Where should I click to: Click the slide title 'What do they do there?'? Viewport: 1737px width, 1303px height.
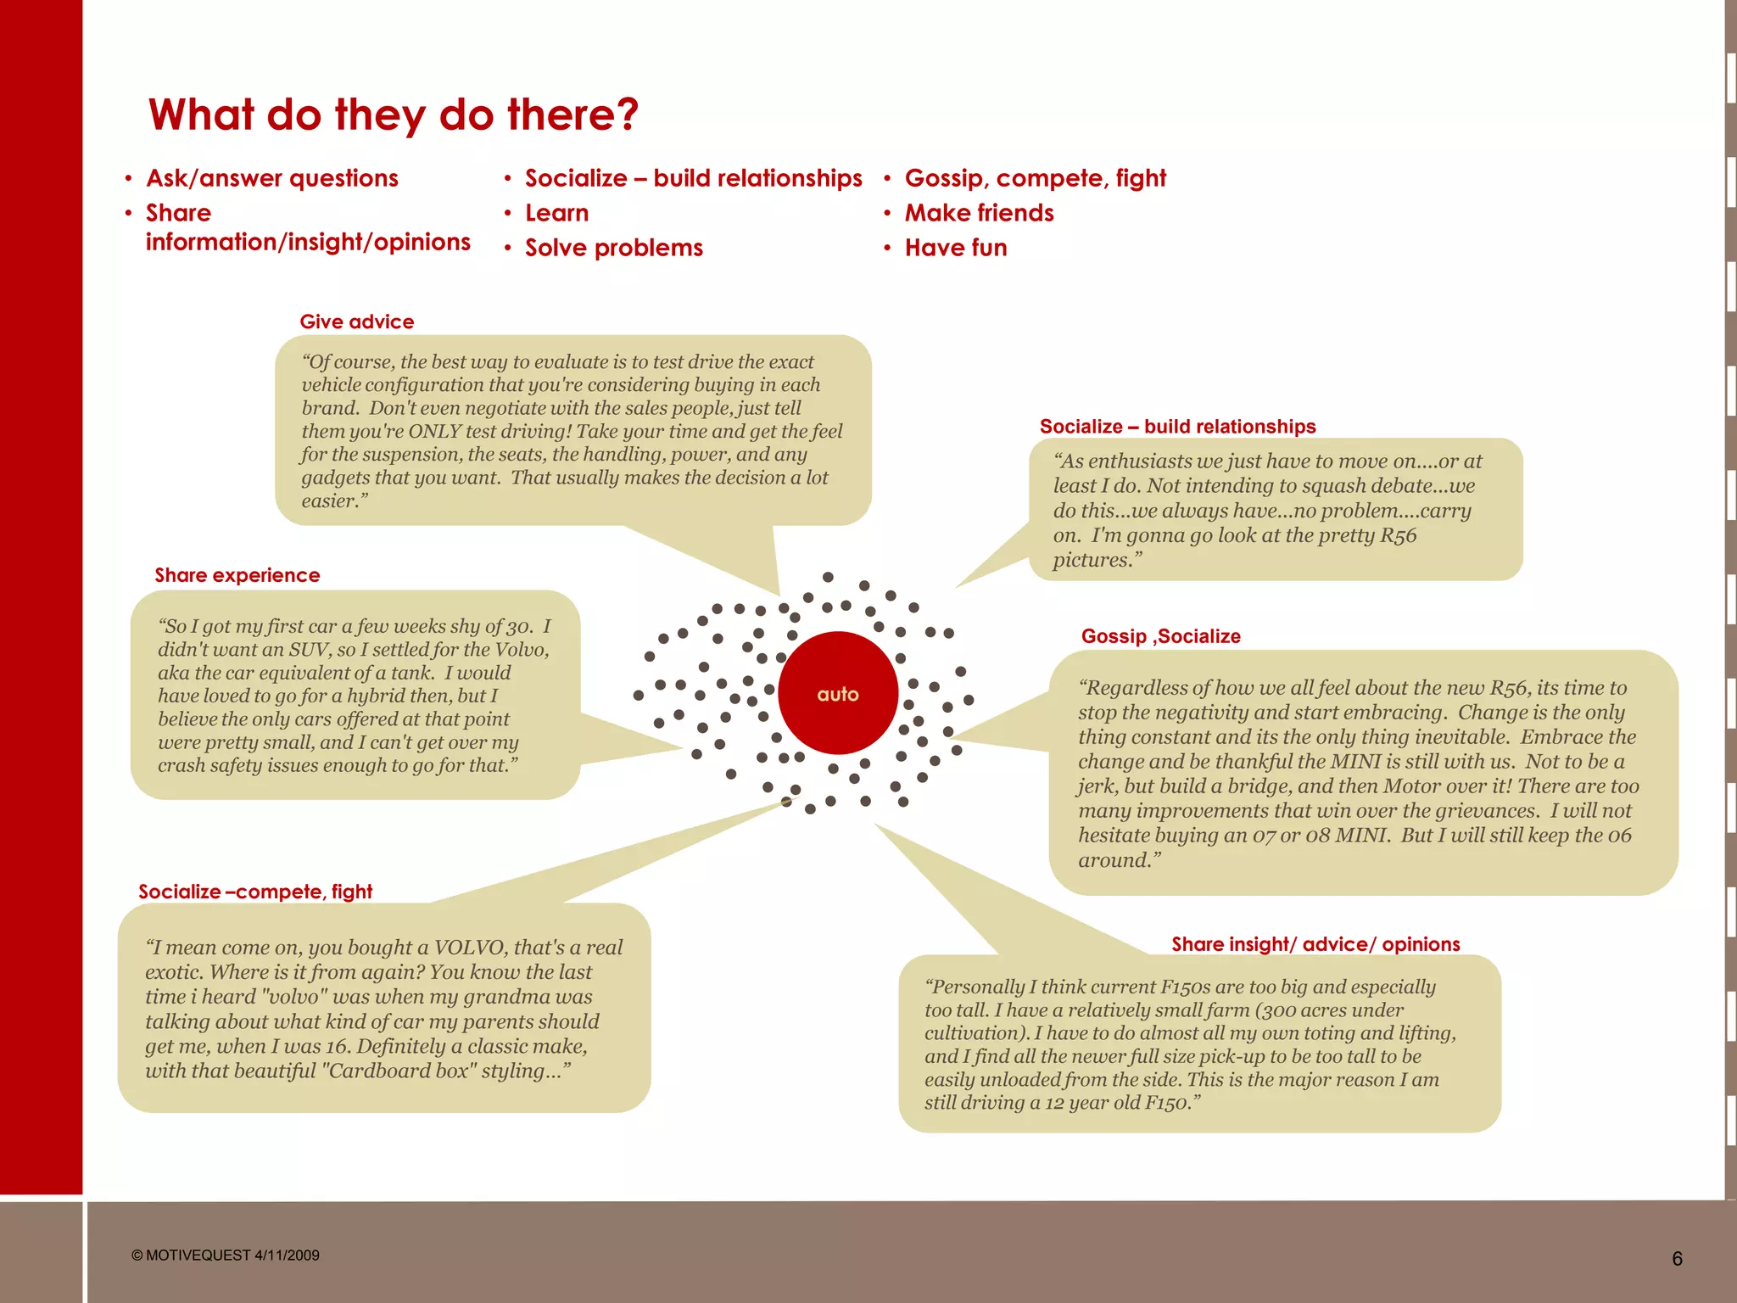[x=393, y=115]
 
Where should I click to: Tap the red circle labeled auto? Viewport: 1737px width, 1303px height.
[x=838, y=693]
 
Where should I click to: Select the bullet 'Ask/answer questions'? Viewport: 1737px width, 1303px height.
[x=271, y=178]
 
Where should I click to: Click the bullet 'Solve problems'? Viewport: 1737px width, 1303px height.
[x=613, y=248]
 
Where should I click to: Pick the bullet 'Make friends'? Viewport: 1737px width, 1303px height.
[x=979, y=213]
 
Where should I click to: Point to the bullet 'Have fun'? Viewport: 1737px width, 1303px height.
[x=956, y=248]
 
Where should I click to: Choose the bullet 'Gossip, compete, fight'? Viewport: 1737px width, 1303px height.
[x=1035, y=178]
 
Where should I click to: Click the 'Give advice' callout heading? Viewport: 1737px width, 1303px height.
[x=357, y=322]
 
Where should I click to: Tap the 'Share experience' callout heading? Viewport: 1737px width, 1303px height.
[x=237, y=575]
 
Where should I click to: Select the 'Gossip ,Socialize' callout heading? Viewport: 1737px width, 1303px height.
[x=1160, y=636]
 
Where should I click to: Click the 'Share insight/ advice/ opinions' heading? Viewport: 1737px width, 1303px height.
[x=1315, y=944]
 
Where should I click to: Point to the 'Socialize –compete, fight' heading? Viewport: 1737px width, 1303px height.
[x=255, y=892]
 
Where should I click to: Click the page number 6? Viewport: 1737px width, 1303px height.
[x=1677, y=1259]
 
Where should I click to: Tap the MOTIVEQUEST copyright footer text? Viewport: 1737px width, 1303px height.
[x=226, y=1255]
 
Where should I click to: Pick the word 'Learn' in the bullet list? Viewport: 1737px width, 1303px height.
[x=556, y=213]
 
